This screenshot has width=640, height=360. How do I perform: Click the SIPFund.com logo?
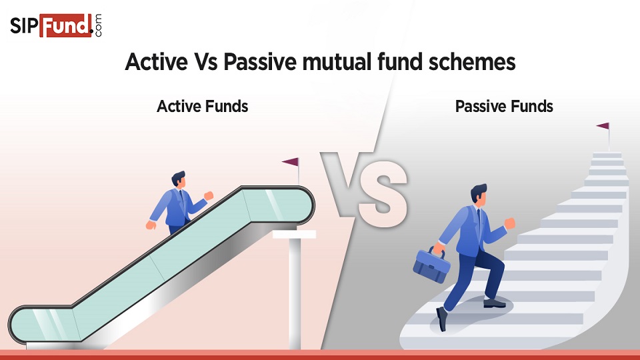pyautogui.click(x=56, y=25)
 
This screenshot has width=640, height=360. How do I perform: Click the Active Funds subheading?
pyautogui.click(x=202, y=106)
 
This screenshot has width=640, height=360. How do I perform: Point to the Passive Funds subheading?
pyautogui.click(x=504, y=106)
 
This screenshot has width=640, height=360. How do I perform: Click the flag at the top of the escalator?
pyautogui.click(x=291, y=162)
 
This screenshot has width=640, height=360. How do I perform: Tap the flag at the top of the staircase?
pyautogui.click(x=603, y=126)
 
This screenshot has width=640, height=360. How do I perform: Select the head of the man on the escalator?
pyautogui.click(x=178, y=179)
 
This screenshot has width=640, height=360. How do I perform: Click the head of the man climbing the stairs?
pyautogui.click(x=479, y=194)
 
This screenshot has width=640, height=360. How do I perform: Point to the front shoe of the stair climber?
pyautogui.click(x=494, y=303)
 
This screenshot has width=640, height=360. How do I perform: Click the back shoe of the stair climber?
pyautogui.click(x=441, y=318)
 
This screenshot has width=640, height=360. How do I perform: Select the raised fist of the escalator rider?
pyautogui.click(x=209, y=195)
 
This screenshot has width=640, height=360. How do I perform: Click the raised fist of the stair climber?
pyautogui.click(x=510, y=223)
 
